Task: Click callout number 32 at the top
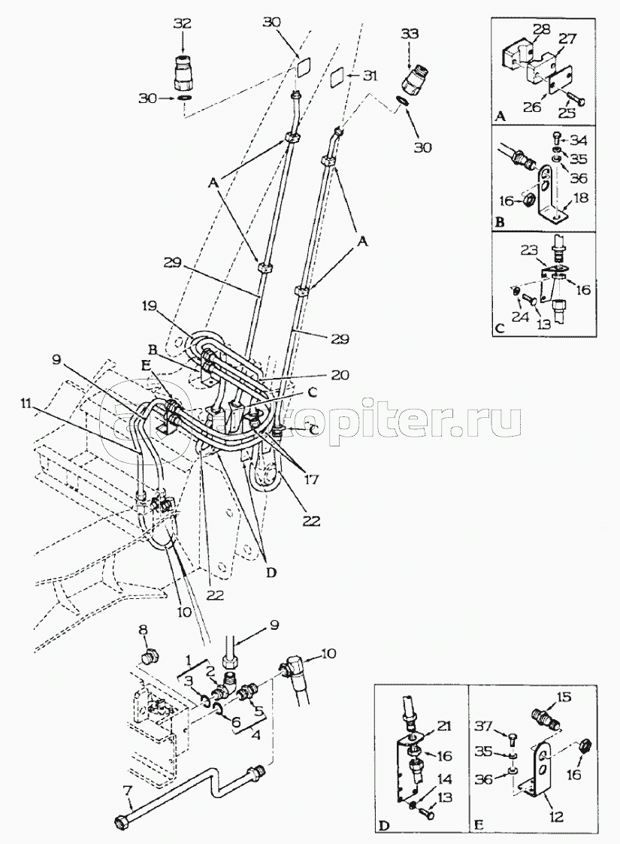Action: (x=183, y=23)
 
